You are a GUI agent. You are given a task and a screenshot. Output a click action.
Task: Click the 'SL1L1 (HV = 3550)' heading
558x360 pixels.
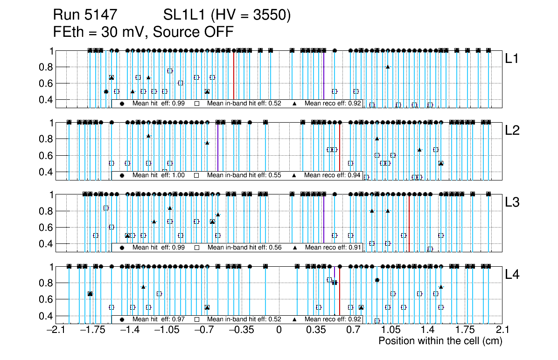(x=227, y=15)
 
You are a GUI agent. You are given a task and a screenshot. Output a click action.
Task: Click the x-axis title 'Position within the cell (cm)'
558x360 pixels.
(x=440, y=341)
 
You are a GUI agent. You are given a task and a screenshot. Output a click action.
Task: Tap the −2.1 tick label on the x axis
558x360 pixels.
(x=56, y=330)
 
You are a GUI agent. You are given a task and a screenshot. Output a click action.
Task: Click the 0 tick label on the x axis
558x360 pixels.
(x=279, y=330)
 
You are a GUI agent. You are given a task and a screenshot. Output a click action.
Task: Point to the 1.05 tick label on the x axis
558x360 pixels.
(x=390, y=330)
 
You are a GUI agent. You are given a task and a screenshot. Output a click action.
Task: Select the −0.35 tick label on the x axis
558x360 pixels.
(x=241, y=330)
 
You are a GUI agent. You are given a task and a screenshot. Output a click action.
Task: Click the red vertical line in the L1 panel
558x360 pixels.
(x=234, y=79)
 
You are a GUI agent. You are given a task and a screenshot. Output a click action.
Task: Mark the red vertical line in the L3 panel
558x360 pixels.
(x=409, y=224)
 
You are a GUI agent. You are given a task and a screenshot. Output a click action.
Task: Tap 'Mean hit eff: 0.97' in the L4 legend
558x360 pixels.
(x=153, y=319)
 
